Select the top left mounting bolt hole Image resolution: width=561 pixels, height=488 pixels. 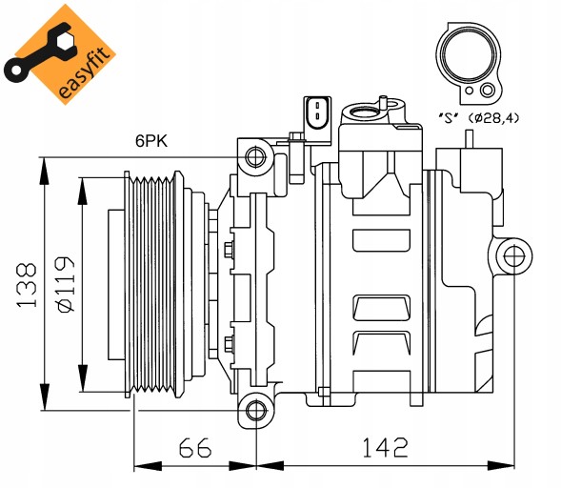click(255, 155)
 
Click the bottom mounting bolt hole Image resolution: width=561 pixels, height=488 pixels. click(255, 410)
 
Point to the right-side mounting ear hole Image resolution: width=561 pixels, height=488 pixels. click(512, 254)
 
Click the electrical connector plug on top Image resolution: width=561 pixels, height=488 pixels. click(318, 112)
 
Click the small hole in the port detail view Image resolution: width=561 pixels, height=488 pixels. click(488, 91)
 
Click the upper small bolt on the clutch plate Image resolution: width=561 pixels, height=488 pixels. click(229, 251)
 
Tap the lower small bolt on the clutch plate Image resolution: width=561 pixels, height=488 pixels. click(229, 344)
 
